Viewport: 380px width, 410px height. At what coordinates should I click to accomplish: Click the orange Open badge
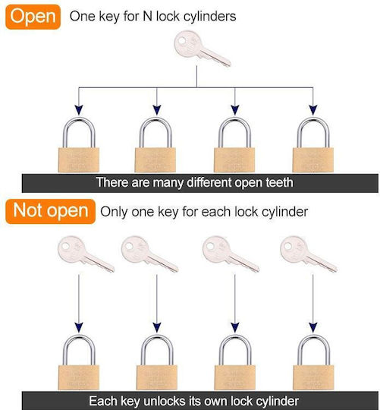point(33,17)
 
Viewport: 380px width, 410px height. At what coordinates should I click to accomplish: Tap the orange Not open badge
point(50,211)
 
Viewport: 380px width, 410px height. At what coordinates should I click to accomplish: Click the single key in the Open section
point(203,49)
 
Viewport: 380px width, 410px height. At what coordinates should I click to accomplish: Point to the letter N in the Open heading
point(147,16)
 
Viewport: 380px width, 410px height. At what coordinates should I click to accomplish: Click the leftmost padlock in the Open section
point(79,144)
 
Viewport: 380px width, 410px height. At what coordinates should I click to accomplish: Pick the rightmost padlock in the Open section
point(313,144)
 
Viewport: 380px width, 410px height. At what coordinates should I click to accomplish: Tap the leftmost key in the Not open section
point(86,254)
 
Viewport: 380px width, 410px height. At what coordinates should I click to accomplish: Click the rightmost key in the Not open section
point(309,254)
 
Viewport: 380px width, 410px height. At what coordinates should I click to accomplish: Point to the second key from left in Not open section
point(150,254)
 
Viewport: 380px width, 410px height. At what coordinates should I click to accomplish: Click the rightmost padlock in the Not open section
point(313,362)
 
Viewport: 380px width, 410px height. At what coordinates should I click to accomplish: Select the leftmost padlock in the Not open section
point(79,362)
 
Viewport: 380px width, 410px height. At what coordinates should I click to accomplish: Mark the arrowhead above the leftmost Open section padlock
point(79,110)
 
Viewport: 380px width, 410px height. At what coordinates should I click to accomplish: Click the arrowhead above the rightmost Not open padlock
point(313,327)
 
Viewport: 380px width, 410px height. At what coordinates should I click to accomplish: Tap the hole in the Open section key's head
point(182,41)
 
